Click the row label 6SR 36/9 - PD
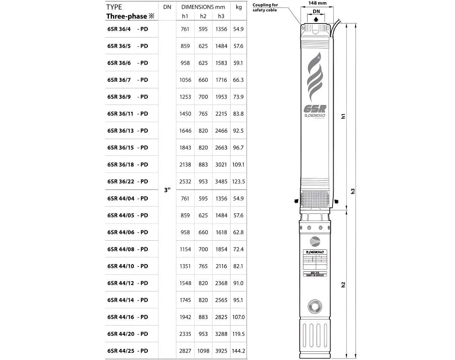(127, 97)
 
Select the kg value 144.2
(238, 351)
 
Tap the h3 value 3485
(221, 182)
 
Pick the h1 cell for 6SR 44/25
(185, 351)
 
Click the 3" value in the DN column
(167, 190)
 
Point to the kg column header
(238, 7)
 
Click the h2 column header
(203, 16)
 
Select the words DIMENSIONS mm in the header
(203, 7)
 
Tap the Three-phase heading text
(127, 16)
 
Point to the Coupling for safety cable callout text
(265, 7)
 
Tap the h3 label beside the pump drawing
(353, 191)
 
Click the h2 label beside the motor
(344, 284)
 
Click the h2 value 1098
(203, 351)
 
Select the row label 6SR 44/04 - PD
(127, 198)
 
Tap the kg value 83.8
(238, 114)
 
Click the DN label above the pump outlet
(316, 12)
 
